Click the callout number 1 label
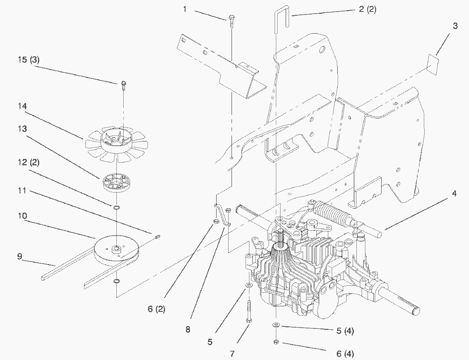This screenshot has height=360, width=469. point(185,9)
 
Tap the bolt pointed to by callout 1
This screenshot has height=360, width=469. point(231,21)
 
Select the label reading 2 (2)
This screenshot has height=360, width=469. point(368,9)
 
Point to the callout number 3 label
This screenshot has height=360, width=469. point(455,26)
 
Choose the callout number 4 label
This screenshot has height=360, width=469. point(454,193)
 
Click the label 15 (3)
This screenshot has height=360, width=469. point(29,60)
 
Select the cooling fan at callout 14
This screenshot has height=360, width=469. point(116,144)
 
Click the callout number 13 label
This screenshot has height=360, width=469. point(22,129)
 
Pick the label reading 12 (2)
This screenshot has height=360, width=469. point(29,162)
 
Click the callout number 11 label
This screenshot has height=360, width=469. point(22,190)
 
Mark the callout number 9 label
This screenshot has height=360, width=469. point(20,256)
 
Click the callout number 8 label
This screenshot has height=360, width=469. point(188,329)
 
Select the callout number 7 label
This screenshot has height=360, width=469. point(232,354)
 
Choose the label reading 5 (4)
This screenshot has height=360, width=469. point(345,331)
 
